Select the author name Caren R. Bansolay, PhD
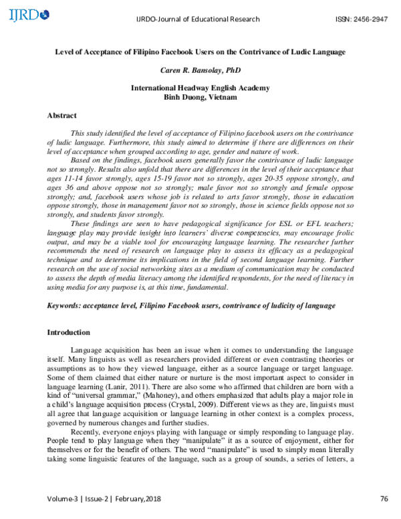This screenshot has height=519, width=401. point(200,70)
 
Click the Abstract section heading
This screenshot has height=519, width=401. point(61,116)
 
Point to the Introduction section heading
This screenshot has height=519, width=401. point(68,332)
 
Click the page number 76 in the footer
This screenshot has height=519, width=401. point(384,498)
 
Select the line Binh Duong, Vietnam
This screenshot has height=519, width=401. point(200,97)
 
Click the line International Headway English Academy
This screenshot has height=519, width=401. point(200,88)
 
